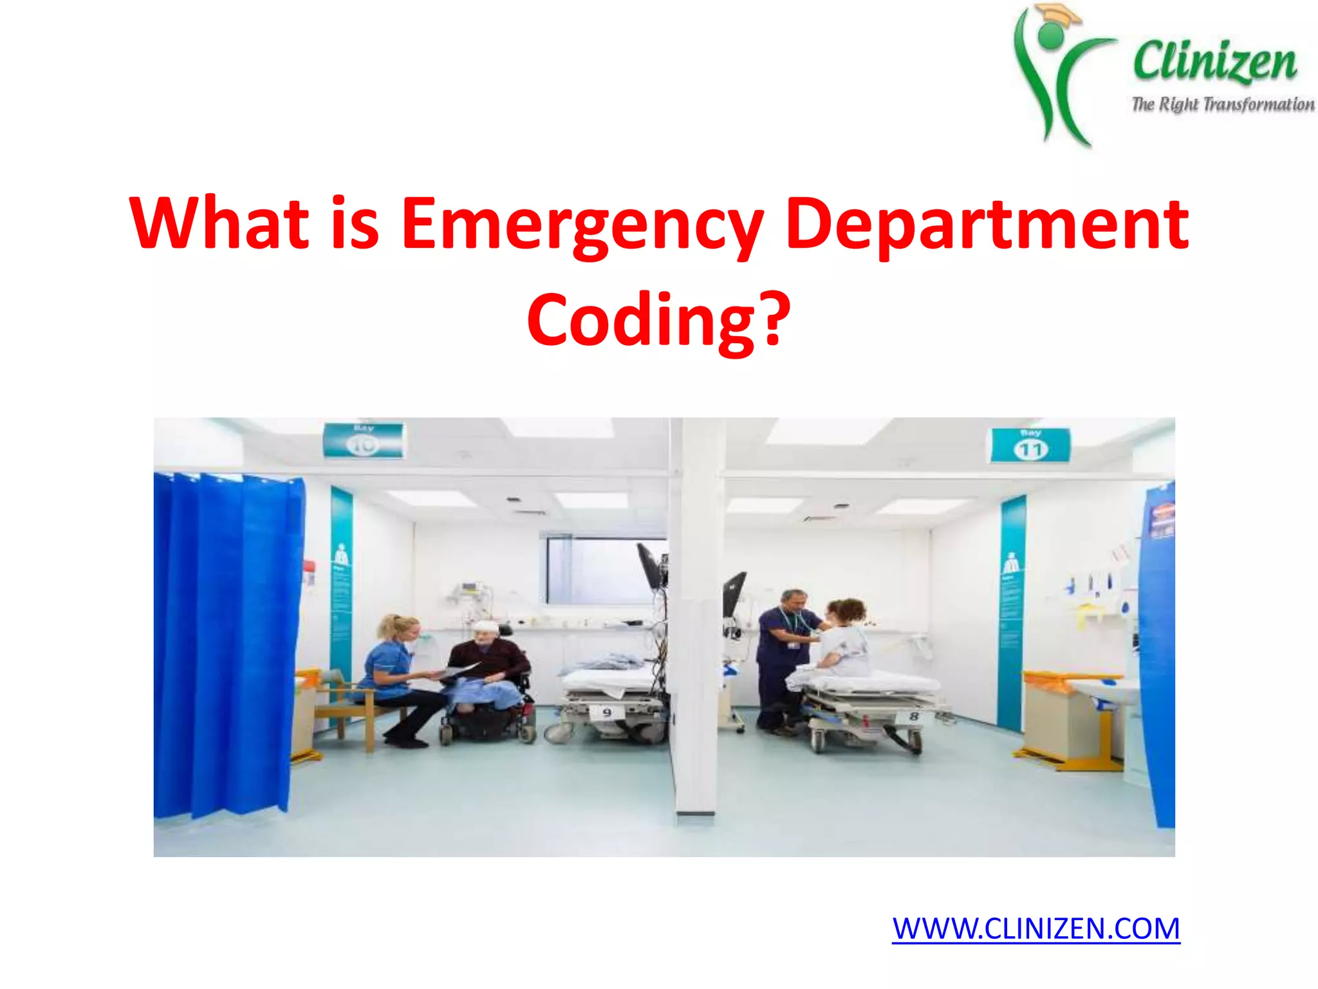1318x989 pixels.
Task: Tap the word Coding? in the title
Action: point(658,320)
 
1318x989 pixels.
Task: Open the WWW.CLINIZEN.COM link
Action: point(1035,928)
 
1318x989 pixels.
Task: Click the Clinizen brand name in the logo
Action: point(1214,62)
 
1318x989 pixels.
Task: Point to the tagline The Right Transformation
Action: point(1223,104)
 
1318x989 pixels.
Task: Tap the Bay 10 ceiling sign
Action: point(364,440)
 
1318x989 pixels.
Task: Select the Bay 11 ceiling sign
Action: point(1030,445)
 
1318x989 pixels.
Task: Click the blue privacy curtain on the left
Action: point(225,644)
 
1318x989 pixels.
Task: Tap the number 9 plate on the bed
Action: point(607,712)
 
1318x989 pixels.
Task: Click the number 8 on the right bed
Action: point(914,716)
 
